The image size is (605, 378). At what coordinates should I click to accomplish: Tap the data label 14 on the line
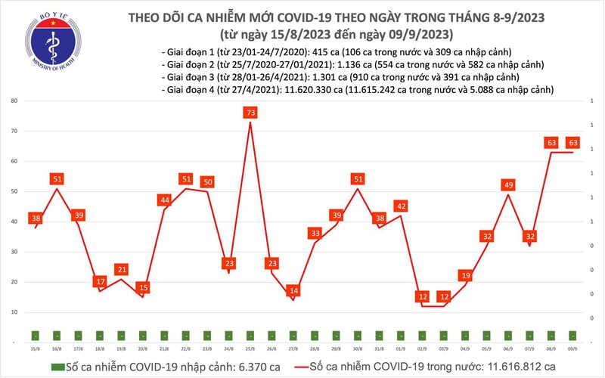[x=294, y=291]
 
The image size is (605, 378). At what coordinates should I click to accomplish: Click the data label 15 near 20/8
[x=143, y=288]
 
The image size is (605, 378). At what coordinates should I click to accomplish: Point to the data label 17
[x=101, y=282]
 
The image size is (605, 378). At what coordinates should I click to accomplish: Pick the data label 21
[x=122, y=270]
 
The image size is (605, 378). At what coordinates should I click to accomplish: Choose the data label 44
[x=165, y=200]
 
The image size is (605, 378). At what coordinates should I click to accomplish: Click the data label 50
[x=208, y=182]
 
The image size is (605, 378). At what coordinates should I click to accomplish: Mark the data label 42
[x=402, y=206]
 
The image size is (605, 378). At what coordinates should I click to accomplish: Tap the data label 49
[x=509, y=185]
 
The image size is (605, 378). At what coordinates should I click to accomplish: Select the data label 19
[x=466, y=276]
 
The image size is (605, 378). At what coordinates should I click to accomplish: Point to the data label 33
[x=315, y=234]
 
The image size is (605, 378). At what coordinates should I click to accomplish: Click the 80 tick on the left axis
[x=14, y=101]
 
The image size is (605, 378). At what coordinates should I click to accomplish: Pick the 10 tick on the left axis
[x=14, y=312]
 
